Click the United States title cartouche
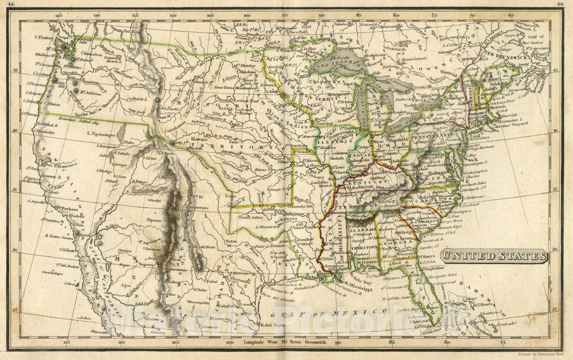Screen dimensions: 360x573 494,256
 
